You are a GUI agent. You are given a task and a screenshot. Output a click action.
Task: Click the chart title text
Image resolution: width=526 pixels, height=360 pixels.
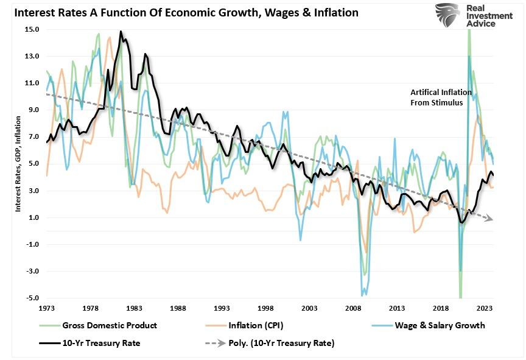point(182,12)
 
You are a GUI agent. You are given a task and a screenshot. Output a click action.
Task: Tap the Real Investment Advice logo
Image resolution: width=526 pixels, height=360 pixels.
point(466,15)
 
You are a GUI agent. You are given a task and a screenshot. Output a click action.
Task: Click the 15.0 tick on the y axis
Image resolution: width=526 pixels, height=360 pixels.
point(32,29)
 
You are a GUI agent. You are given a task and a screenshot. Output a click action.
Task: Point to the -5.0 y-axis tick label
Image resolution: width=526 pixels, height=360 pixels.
point(32,298)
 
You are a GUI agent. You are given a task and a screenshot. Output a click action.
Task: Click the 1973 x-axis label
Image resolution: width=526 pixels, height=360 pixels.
point(46,308)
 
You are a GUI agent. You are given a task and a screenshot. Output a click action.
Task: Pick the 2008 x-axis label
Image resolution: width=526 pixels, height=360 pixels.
point(352,308)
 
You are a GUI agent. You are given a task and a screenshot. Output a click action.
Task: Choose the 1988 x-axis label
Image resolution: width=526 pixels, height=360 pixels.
point(178,308)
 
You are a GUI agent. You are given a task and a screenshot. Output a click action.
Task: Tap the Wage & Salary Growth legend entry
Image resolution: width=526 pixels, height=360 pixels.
point(436,325)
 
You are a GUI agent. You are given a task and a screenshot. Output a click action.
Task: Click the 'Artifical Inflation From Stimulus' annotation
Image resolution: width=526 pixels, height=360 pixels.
point(441,97)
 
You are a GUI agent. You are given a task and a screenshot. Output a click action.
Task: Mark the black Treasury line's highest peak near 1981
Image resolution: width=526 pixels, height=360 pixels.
point(121,32)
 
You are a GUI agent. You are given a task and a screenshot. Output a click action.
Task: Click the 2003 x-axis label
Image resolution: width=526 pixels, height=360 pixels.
point(309,308)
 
